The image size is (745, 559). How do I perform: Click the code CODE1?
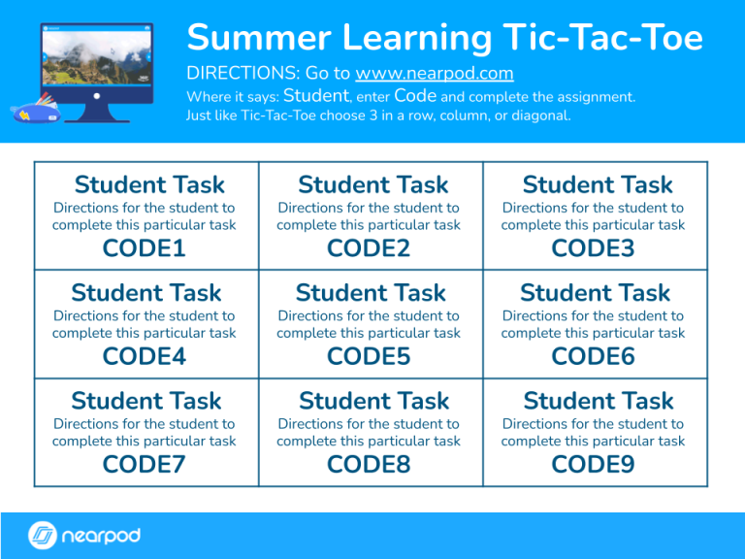click(x=144, y=248)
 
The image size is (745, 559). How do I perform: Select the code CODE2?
click(x=369, y=248)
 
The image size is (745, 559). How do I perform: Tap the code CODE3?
click(x=593, y=248)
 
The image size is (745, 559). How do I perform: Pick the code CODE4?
click(x=144, y=356)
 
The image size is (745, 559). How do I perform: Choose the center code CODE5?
click(x=369, y=356)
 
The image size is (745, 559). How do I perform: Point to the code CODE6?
click(x=593, y=356)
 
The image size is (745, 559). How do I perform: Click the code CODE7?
click(x=144, y=464)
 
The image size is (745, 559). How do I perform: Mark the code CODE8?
click(x=369, y=464)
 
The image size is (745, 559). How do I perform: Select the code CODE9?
click(x=593, y=464)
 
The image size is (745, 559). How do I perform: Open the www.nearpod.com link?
click(x=434, y=74)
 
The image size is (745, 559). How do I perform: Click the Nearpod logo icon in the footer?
click(x=43, y=536)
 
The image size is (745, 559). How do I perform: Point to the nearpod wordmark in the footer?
click(x=101, y=536)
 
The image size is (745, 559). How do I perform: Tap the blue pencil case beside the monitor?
click(x=37, y=110)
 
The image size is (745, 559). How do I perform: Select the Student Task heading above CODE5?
click(x=371, y=293)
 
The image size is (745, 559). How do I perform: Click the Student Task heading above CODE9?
click(x=597, y=401)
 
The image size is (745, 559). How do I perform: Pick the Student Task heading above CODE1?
click(x=149, y=185)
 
